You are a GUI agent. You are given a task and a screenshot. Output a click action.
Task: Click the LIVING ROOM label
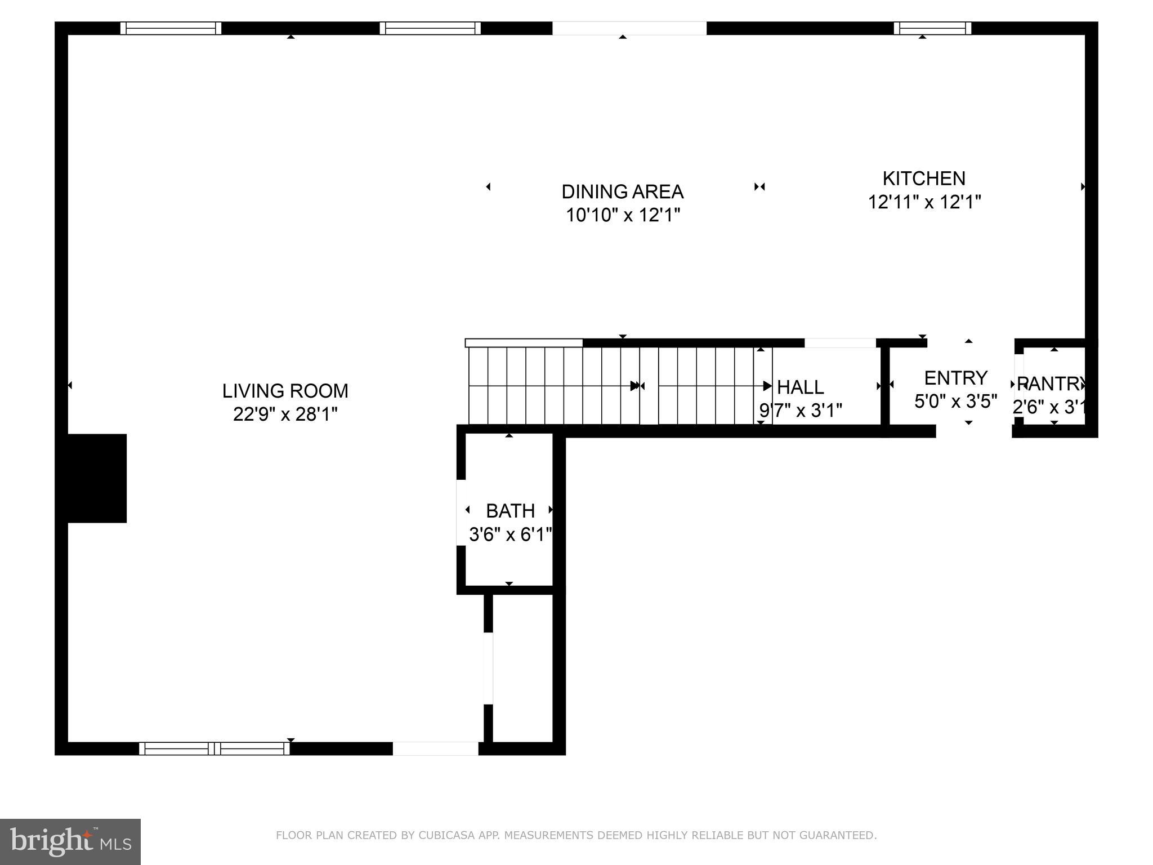(x=285, y=390)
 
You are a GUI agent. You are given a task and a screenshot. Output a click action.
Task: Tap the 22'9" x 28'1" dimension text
(x=285, y=414)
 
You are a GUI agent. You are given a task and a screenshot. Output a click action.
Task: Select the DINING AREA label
(x=622, y=191)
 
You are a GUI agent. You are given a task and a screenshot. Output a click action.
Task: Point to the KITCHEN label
(x=923, y=178)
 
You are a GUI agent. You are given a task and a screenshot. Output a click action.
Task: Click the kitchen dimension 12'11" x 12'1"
(x=924, y=202)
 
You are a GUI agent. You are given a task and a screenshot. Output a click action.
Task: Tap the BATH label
(x=510, y=511)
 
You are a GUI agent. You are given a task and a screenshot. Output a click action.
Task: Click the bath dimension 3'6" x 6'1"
(x=510, y=534)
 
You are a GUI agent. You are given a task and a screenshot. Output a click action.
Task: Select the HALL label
(x=800, y=387)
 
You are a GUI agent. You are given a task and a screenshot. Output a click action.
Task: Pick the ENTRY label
(x=955, y=377)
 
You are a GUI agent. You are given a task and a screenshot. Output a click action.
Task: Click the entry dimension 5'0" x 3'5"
(x=955, y=401)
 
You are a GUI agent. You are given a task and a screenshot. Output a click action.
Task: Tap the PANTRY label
(x=1051, y=384)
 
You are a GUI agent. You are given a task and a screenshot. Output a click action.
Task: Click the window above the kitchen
(x=932, y=28)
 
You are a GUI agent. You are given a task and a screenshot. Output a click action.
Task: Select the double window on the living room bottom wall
(x=214, y=748)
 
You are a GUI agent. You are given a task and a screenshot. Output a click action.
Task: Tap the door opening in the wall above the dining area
(x=629, y=28)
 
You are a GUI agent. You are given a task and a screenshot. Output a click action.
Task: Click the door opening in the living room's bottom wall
(x=435, y=748)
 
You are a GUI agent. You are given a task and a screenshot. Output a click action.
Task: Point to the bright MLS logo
(x=70, y=841)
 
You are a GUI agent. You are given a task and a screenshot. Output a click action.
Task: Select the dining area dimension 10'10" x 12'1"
(x=623, y=215)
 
